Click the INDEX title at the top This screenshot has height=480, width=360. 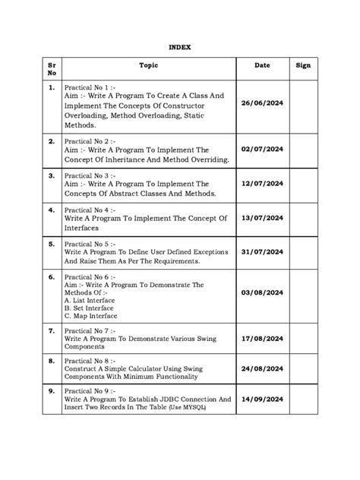(180, 47)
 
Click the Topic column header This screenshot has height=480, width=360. (149, 66)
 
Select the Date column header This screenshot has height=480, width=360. (263, 66)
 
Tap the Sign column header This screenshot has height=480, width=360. (304, 66)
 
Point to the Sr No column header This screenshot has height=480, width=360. (52, 70)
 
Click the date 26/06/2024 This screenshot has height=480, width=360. (263, 103)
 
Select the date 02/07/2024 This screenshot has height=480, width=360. (263, 151)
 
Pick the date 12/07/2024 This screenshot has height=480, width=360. (263, 184)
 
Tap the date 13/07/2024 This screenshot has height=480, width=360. (263, 217)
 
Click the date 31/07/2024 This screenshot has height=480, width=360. (263, 251)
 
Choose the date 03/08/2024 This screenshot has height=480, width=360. (263, 292)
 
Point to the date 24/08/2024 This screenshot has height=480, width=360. (263, 370)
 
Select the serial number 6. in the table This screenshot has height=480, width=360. (52, 277)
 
